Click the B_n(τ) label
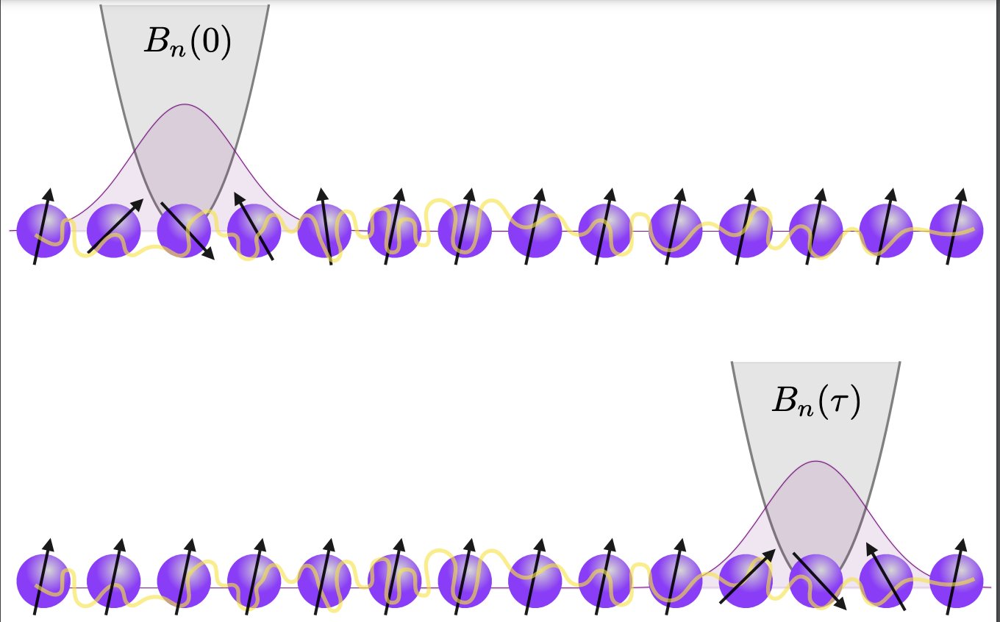pos(815,401)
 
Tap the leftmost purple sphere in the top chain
pos(43,231)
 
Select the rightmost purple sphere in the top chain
pos(956,231)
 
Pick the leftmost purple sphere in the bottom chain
pos(43,581)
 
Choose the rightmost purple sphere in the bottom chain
pos(956,581)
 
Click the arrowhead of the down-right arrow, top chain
pos(210,256)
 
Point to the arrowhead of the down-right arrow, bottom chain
pos(841,606)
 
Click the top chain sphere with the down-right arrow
pos(184,231)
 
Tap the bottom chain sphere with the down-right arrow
pos(815,581)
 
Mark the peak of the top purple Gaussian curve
pos(185,105)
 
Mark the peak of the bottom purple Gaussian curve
pos(815,462)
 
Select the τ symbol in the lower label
pos(838,403)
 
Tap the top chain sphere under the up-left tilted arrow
pos(254,231)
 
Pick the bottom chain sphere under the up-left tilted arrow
pos(885,581)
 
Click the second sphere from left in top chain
pos(113,231)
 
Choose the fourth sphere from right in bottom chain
pos(744,581)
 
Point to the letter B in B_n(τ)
pos(783,401)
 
